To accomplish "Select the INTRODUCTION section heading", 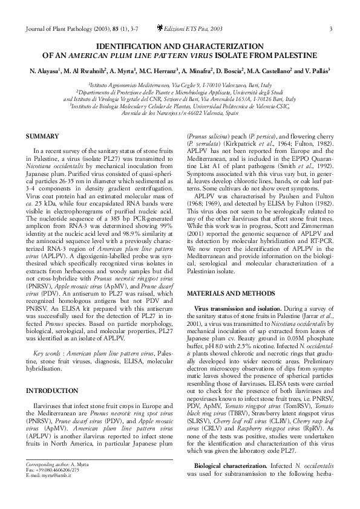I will click(55, 390).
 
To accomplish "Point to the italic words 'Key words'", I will click(47, 352).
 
